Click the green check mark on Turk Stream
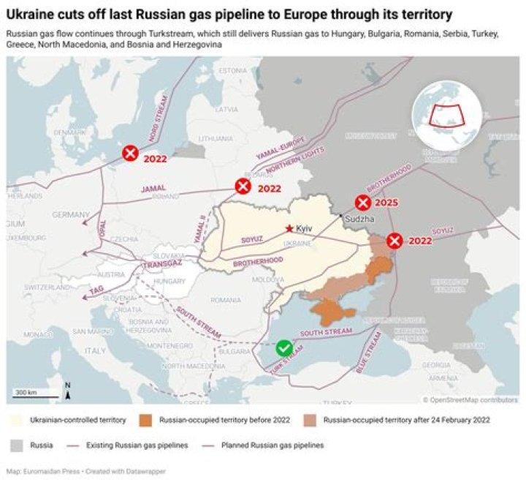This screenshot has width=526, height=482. (284, 348)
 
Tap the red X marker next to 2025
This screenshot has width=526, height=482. (363, 203)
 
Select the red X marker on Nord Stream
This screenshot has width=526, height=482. (130, 154)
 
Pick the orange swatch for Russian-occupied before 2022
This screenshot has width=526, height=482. (145, 420)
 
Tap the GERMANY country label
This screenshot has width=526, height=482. (70, 214)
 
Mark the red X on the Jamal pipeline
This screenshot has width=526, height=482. (243, 187)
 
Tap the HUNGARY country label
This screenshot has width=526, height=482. (170, 281)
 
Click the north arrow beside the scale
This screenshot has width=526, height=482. (67, 391)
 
